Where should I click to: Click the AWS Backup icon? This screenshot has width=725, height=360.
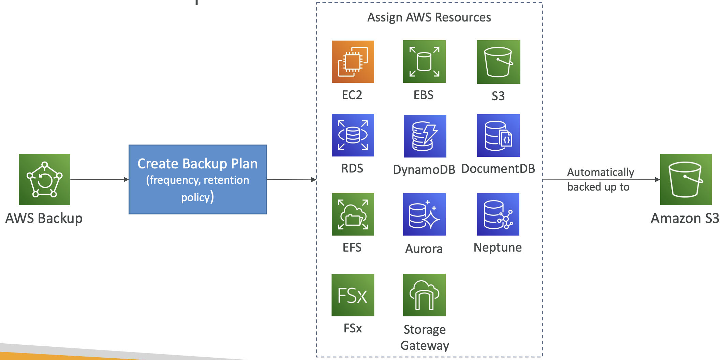44,179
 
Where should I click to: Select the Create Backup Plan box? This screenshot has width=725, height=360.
198,179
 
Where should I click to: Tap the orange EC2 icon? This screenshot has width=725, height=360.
353,62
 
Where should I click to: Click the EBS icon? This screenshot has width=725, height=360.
424,62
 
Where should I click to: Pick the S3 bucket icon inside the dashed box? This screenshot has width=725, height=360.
499,62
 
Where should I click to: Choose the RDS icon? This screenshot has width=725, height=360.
353,135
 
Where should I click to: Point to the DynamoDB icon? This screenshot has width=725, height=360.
425,136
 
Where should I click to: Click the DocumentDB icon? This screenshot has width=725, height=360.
498,136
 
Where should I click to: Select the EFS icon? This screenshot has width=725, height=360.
353,214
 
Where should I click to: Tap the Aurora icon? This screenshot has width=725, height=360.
424,214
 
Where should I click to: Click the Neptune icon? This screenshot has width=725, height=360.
498,214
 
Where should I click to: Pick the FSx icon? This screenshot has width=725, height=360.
353,295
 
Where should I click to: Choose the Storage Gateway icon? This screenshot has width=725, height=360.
424,295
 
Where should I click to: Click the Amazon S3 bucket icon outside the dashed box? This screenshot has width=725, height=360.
686,179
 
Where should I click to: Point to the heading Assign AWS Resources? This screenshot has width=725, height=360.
429,17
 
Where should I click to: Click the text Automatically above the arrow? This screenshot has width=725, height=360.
601,172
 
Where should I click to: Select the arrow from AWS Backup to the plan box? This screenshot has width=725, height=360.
99,179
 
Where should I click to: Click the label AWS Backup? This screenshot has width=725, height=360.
44,218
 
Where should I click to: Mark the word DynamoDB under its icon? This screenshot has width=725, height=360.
424,169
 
